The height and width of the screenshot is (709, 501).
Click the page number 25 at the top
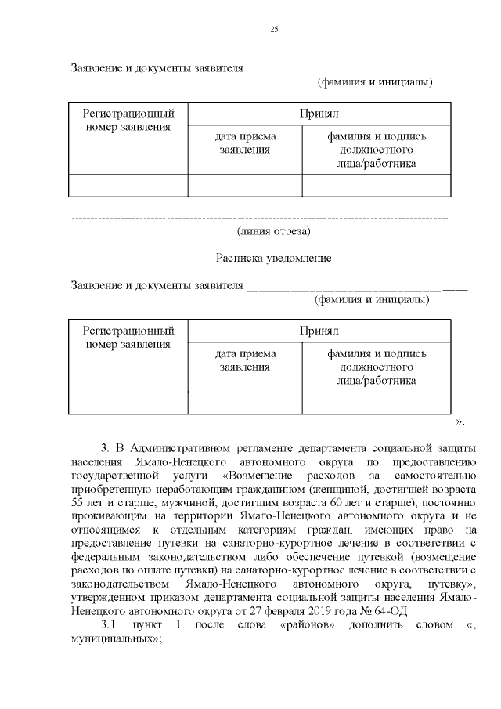pyautogui.click(x=274, y=29)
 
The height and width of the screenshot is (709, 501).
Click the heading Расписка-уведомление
pyautogui.click(x=274, y=258)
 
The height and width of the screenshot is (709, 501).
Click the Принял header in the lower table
pyautogui.click(x=319, y=331)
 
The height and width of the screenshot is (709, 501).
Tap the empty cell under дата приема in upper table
pyautogui.click(x=245, y=186)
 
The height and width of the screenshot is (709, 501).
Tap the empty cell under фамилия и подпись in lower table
pyautogui.click(x=377, y=403)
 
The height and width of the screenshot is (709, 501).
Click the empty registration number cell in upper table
pyautogui.click(x=128, y=186)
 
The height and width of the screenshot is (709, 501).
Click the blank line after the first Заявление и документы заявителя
pyautogui.click(x=356, y=71)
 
